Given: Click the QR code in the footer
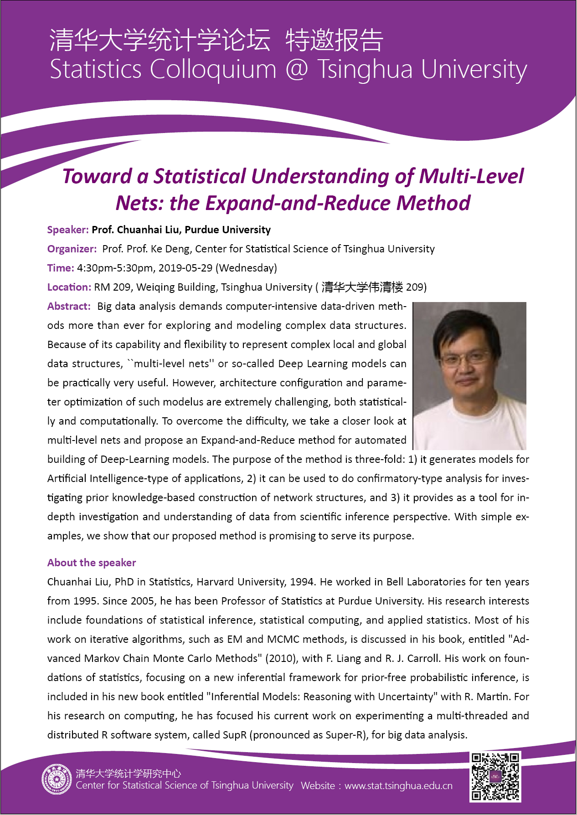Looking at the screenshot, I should coord(495,776).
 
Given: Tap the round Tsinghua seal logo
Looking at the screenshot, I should coord(57,779).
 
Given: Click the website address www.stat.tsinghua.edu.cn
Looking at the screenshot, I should coord(398,786).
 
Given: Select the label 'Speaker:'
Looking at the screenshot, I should coord(68,230).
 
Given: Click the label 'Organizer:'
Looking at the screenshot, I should coord(72,249).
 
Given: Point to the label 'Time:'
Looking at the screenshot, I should coord(61,268).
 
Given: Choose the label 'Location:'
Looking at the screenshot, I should coord(69,287).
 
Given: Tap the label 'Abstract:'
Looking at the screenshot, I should coord(69,306).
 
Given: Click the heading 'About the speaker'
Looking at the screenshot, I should coord(92,563).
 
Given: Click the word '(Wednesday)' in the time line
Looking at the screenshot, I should coord(246,268).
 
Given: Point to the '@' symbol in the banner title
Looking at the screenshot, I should coord(297,70).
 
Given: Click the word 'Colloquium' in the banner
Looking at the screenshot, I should coord(213,70).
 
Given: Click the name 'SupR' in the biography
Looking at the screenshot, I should coord(234,735).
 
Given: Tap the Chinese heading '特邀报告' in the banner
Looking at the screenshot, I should coord(334,40).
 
